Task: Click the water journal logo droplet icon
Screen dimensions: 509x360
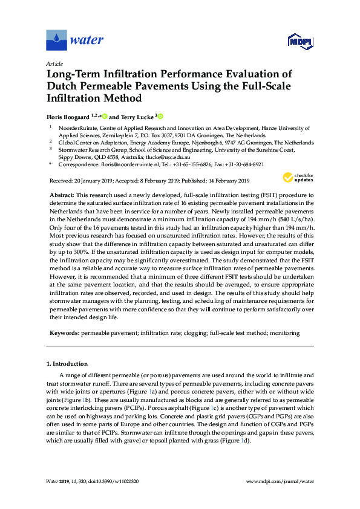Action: (56, 41)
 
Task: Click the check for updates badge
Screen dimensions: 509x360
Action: (296, 177)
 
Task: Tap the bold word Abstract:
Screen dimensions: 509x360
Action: (61, 195)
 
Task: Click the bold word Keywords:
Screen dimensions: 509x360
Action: (63, 333)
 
